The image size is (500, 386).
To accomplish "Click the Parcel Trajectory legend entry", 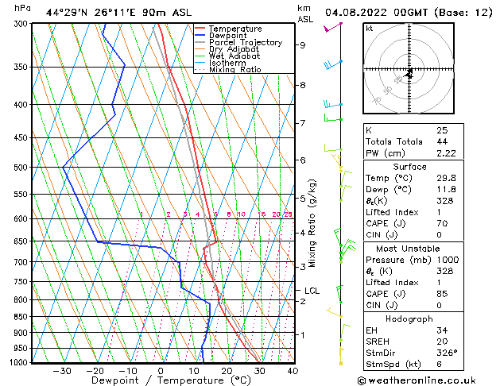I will point(245,42).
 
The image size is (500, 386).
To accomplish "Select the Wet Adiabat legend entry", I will point(234,56).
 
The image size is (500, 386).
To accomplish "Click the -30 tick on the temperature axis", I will point(62,370).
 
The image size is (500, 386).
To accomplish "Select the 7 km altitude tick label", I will point(303,123).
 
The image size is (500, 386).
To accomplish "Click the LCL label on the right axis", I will point(312,291).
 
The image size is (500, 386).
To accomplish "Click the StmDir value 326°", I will point(447,353).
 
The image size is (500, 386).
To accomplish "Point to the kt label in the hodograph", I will point(370,29).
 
